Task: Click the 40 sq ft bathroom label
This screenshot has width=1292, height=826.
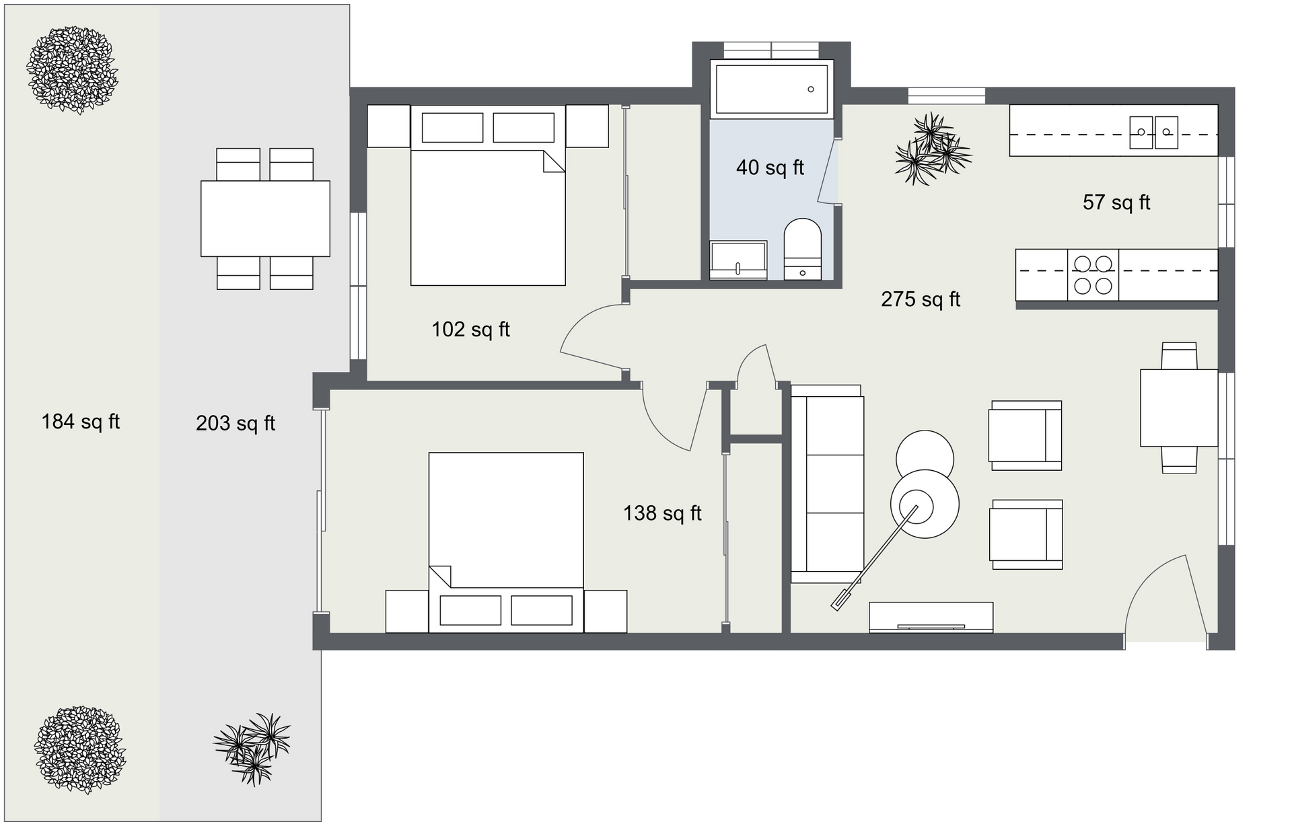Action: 770,167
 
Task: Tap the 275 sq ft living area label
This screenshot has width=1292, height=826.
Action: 921,299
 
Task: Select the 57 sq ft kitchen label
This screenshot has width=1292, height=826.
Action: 1116,202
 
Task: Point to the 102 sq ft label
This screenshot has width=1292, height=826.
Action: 470,329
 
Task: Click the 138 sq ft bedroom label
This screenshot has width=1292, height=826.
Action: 662,513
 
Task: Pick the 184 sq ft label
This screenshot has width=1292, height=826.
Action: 81,422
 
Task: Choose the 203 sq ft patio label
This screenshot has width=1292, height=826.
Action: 236,423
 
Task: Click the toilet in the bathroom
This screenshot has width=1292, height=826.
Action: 803,248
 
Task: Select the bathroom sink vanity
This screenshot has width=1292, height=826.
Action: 738,260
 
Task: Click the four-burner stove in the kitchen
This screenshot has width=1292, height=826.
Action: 1093,274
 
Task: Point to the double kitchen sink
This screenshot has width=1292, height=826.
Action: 1153,132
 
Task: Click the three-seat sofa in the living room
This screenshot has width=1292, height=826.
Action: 827,484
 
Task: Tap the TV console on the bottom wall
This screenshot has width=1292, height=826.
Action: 931,617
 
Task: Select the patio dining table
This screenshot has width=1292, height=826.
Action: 265,219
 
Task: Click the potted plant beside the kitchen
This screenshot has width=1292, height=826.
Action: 933,149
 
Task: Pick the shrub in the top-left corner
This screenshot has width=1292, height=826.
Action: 72,70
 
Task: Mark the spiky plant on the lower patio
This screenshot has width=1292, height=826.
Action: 252,749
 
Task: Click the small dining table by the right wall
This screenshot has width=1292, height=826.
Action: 1179,408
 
